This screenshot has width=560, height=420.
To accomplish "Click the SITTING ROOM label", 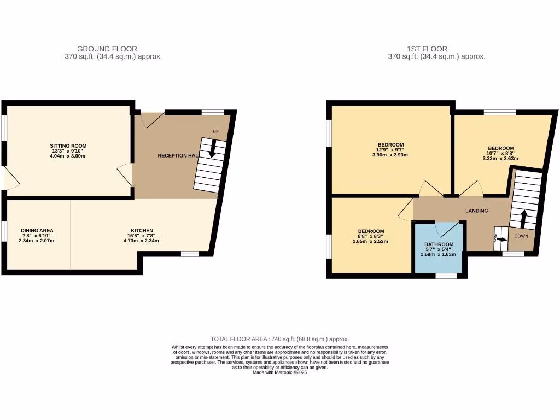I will pyautogui.click(x=68, y=146).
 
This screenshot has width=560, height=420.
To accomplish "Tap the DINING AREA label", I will pyautogui.click(x=37, y=231).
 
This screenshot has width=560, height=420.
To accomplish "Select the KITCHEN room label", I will pyautogui.click(x=142, y=231).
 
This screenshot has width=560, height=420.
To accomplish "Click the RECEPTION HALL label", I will pyautogui.click(x=177, y=156).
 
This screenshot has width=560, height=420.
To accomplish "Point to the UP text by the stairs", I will pyautogui.click(x=217, y=131).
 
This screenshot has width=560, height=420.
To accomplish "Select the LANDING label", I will pyautogui.click(x=476, y=211).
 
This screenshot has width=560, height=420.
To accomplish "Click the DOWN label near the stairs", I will pyautogui.click(x=521, y=237).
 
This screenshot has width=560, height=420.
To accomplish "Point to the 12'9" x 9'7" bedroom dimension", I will pyautogui.click(x=390, y=150).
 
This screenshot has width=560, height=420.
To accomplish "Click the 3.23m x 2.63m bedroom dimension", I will pyautogui.click(x=500, y=159).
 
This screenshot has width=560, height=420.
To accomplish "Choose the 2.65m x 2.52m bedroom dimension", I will pyautogui.click(x=371, y=241).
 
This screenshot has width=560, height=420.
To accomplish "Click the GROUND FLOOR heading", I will pyautogui.click(x=107, y=49).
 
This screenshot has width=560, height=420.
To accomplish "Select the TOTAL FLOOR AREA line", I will pyautogui.click(x=279, y=340).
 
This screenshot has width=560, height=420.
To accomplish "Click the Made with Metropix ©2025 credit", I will pyautogui.click(x=279, y=372).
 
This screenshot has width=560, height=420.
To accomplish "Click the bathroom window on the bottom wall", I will pyautogui.click(x=446, y=276).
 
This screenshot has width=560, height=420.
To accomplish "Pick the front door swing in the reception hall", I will pyautogui.click(x=152, y=120).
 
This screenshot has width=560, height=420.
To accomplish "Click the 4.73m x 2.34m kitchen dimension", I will pyautogui.click(x=142, y=241).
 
